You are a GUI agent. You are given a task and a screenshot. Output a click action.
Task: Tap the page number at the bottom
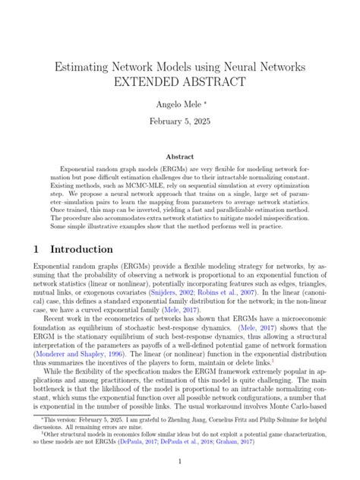pyautogui.click(x=180, y=462)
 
